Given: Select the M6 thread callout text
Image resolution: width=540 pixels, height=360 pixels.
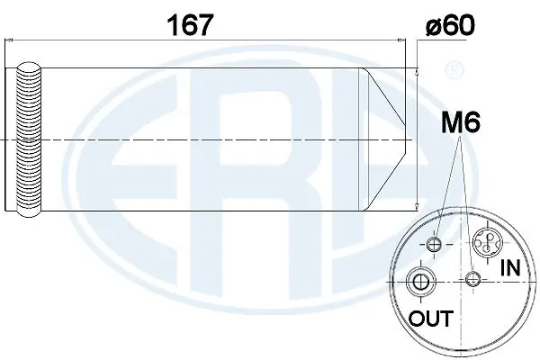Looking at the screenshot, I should point(458,123).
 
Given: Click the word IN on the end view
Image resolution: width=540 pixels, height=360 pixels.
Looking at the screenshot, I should point(509,266).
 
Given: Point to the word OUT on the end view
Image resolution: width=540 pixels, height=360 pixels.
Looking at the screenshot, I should point(430,319).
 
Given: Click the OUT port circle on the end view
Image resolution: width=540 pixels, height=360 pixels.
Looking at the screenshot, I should point(419,282).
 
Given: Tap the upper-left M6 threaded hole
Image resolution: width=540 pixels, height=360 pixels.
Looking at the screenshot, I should point(436,246).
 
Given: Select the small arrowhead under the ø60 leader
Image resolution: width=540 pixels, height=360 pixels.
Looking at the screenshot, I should point(418,68).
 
